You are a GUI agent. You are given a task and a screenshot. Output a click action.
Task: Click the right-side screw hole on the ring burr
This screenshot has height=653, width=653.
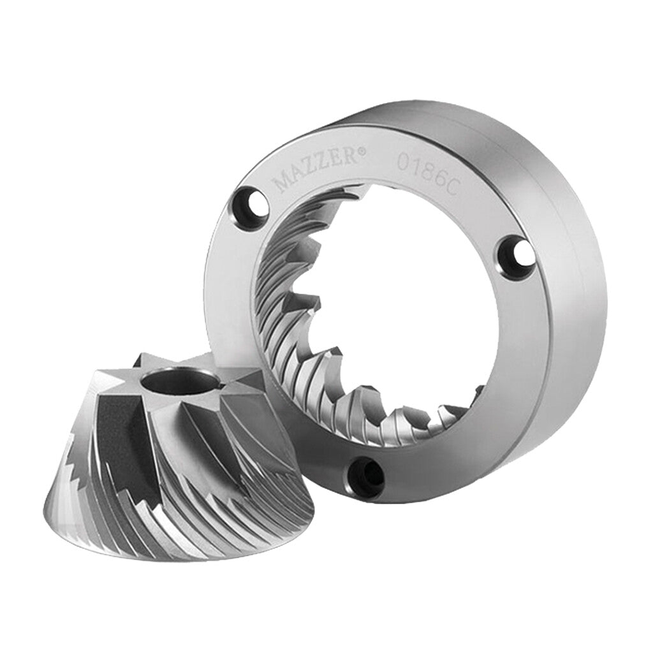click(x=514, y=254)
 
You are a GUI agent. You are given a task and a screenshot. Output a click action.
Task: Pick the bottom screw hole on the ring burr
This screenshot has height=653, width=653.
click(x=365, y=478)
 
